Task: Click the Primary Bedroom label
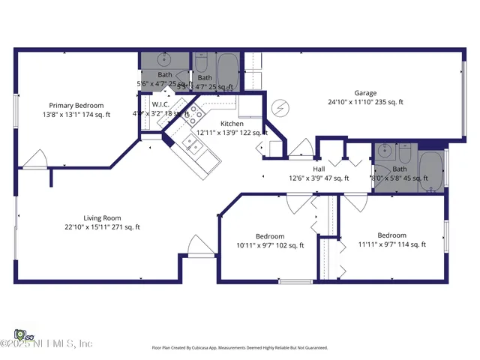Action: (x=76, y=106)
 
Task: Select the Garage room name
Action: (x=365, y=93)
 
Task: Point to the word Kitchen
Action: (x=232, y=124)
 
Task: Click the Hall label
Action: (x=319, y=169)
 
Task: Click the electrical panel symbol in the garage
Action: (x=280, y=109)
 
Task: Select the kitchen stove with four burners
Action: (x=194, y=114)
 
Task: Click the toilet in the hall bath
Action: (x=403, y=154)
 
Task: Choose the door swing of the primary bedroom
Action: (x=34, y=159)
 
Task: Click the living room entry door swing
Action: (x=197, y=247)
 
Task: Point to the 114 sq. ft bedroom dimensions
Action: (x=391, y=244)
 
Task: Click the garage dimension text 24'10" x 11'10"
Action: (x=365, y=102)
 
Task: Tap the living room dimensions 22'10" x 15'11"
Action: (x=102, y=227)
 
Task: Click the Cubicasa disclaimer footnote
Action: (x=240, y=348)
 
